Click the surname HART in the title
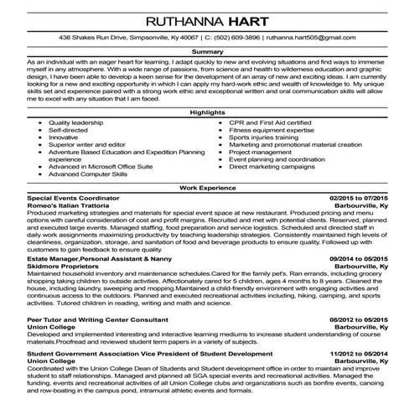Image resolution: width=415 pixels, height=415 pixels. coord(260,19)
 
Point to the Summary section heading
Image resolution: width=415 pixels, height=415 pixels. coord(208,52)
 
